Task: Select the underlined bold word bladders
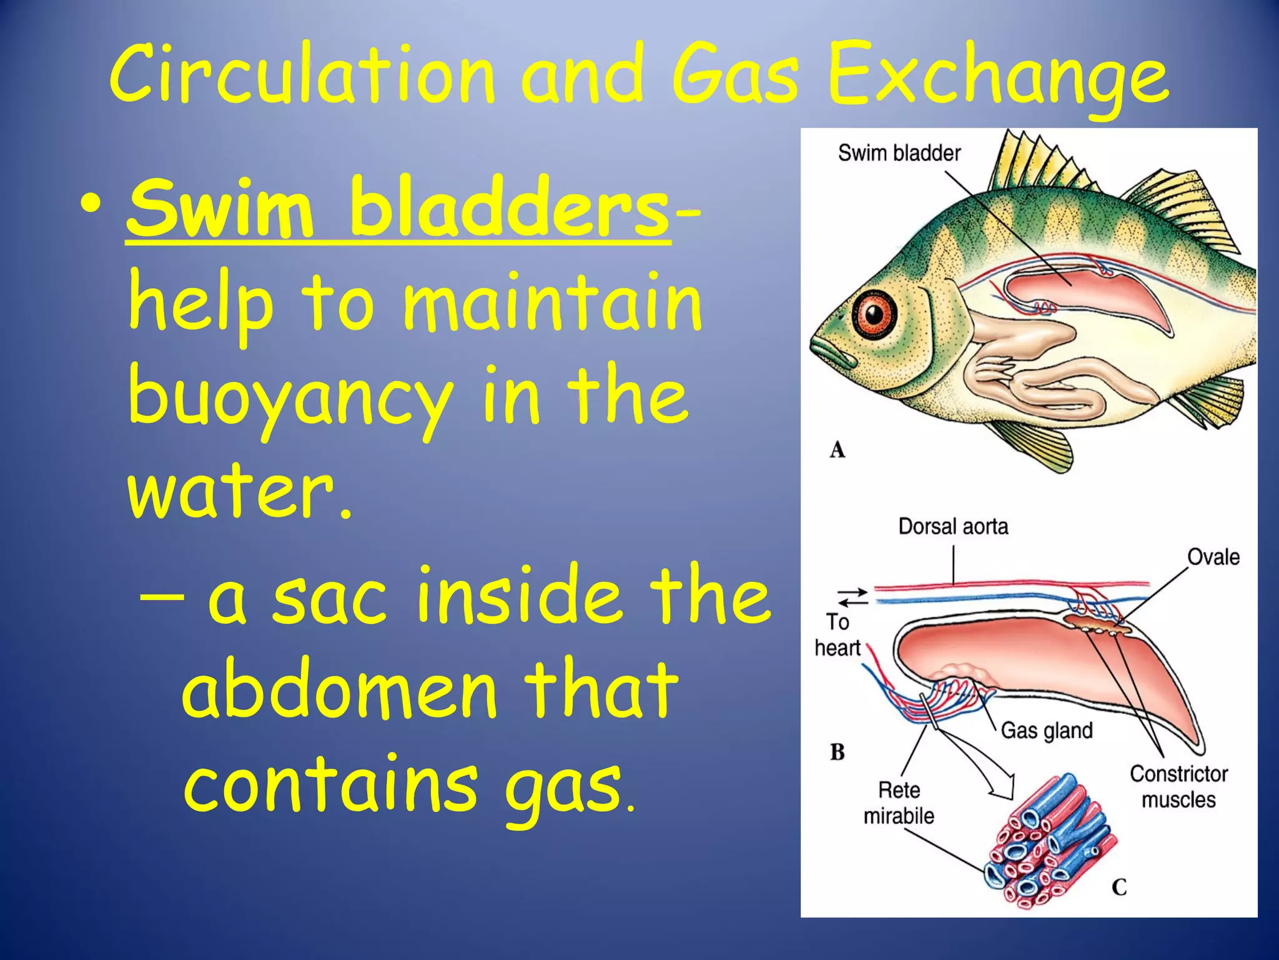pyautogui.click(x=509, y=207)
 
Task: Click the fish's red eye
pyautogui.click(x=875, y=312)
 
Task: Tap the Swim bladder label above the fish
pyautogui.click(x=899, y=153)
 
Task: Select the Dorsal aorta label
pyautogui.click(x=953, y=526)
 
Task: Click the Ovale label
pyautogui.click(x=1213, y=556)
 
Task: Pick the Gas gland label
pyautogui.click(x=1047, y=730)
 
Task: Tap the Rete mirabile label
pyautogui.click(x=899, y=803)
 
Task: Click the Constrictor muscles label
pyautogui.click(x=1178, y=787)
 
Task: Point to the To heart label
pyautogui.click(x=837, y=635)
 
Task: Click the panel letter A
pyautogui.click(x=837, y=449)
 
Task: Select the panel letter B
pyautogui.click(x=837, y=752)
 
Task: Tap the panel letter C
pyautogui.click(x=1119, y=887)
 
